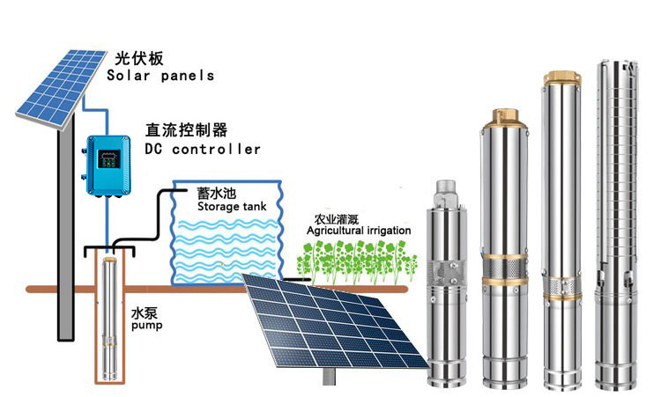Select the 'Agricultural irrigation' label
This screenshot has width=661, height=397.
point(359,231)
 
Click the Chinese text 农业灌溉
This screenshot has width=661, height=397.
point(337,219)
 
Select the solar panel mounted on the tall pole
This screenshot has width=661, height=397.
point(57,84)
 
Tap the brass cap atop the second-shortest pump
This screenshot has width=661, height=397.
point(503,115)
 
